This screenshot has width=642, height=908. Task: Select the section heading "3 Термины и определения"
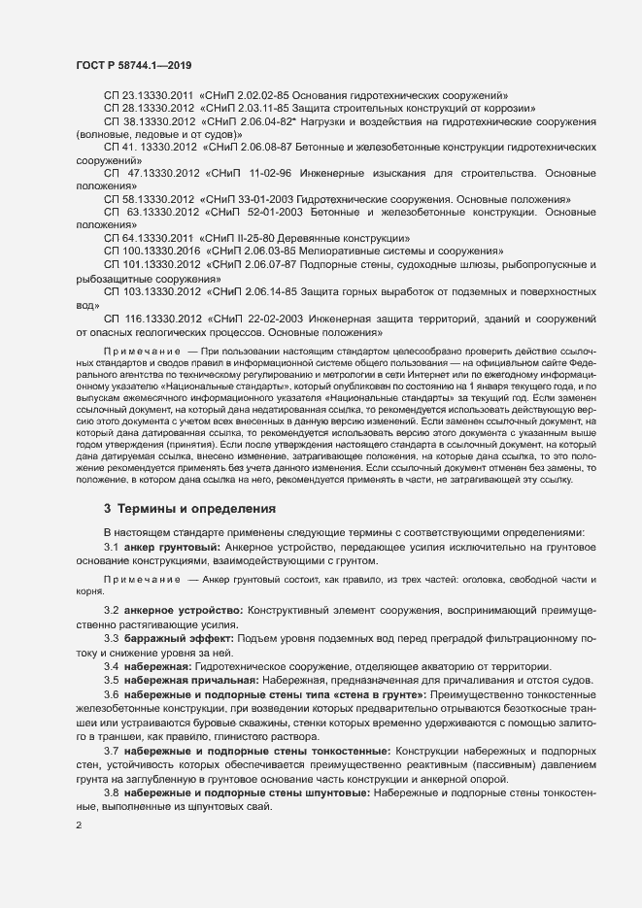coord(190,508)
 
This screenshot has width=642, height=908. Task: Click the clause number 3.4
coord(112,665)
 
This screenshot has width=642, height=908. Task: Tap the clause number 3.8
coord(112,794)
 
